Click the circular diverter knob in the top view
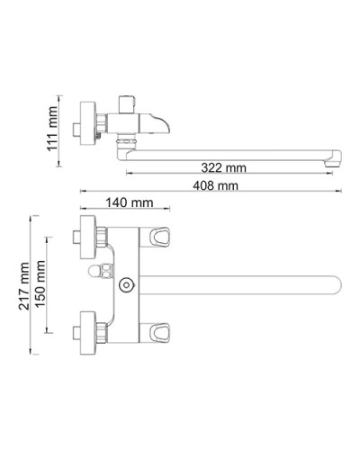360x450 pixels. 126,286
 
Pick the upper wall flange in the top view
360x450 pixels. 87,238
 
